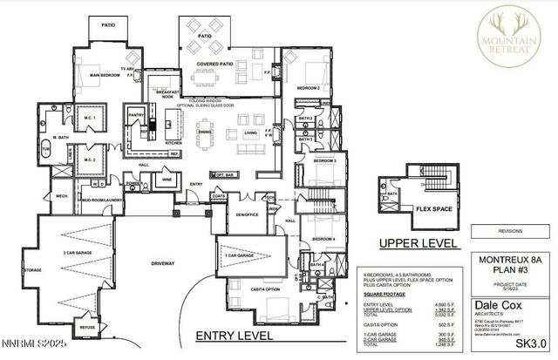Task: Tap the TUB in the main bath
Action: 44,150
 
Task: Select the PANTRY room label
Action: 136,114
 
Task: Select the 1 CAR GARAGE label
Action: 238,255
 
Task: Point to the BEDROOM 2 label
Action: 308,89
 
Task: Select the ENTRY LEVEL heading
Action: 236,335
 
